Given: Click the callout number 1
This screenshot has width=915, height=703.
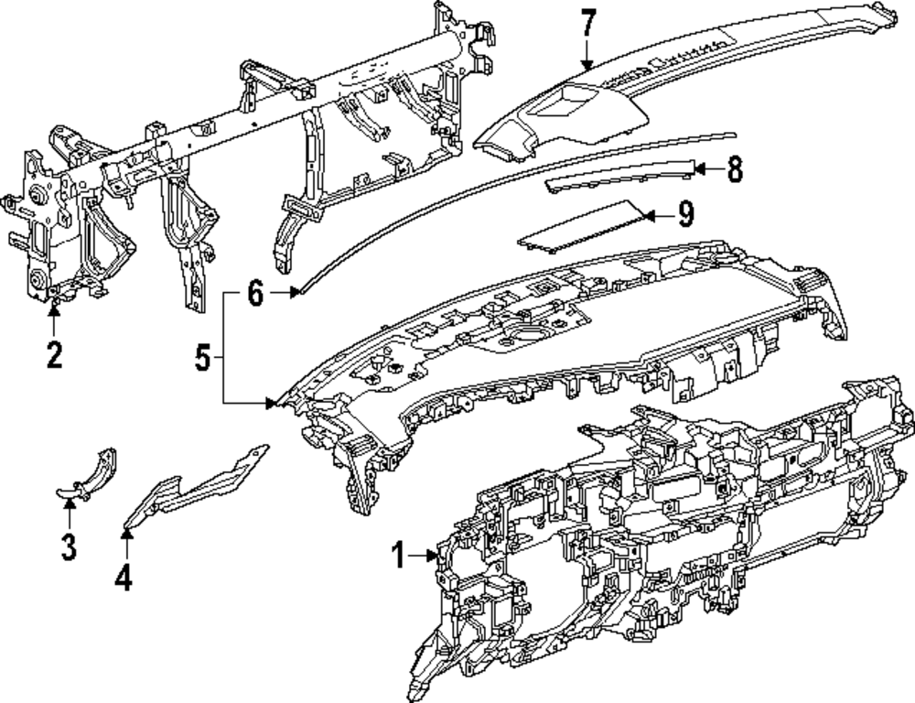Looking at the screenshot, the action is (x=399, y=556).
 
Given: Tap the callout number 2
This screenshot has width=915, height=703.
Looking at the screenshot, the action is (x=54, y=354).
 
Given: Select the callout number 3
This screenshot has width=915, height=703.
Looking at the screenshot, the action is (x=69, y=547).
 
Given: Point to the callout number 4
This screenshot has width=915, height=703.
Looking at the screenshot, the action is (x=124, y=578).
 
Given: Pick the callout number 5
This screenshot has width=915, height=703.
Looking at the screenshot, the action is (x=202, y=357).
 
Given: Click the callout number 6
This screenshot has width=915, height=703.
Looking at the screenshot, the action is (x=255, y=293).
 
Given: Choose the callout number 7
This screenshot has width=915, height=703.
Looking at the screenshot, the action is (x=588, y=24).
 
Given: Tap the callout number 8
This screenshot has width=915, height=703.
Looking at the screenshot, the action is (x=735, y=169).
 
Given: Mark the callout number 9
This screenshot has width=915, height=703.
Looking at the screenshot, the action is (x=686, y=214).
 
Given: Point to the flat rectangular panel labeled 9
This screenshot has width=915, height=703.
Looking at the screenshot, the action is (x=582, y=227).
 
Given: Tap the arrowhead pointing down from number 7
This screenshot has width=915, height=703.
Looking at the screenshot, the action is (x=587, y=65).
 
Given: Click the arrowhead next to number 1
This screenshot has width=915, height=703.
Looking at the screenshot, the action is (x=433, y=556).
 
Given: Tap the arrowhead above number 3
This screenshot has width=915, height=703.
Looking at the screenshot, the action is (x=70, y=503).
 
